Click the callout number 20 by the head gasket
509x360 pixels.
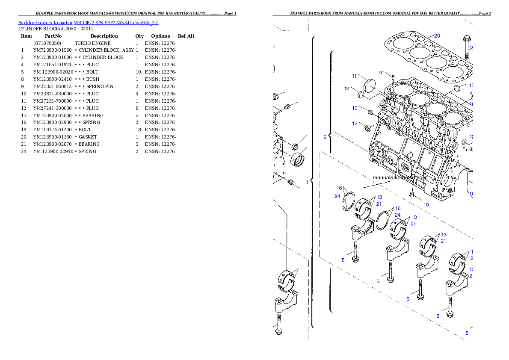(437, 36)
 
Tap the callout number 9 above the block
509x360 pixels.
(380, 73)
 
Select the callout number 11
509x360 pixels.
(354, 76)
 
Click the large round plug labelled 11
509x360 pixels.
(368, 85)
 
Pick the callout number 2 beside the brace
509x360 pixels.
(325, 137)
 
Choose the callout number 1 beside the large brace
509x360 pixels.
(307, 182)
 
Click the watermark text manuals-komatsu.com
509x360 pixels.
(400, 177)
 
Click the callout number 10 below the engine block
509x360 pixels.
(426, 205)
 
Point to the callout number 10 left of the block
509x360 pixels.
(355, 108)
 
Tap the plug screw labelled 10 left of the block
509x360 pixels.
(371, 112)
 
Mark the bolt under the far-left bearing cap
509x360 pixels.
(279, 325)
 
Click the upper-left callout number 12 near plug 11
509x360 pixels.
(346, 89)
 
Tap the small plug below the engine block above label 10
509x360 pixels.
(412, 195)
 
